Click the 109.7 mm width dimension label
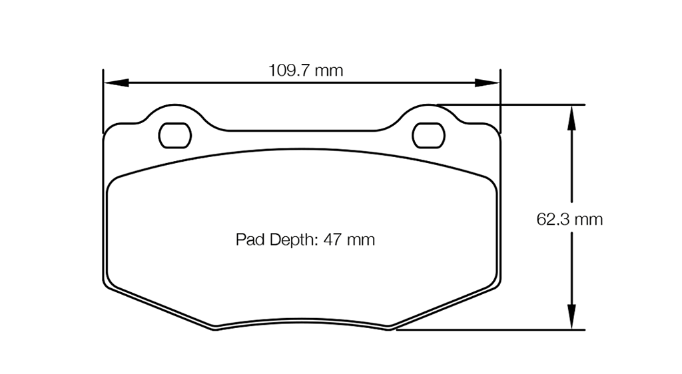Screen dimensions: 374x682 tap(306, 70)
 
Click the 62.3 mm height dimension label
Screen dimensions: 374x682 tap(569, 219)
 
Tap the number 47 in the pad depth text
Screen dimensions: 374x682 tap(332, 240)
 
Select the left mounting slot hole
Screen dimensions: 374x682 tap(175, 136)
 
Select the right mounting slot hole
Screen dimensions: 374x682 tap(429, 136)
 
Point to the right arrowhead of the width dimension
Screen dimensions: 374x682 tap(488, 83)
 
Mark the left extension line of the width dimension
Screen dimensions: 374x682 tap(103, 100)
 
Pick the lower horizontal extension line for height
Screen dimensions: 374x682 tap(493, 329)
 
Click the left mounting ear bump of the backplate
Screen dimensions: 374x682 tap(174, 110)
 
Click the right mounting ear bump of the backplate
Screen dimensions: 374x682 tap(429, 110)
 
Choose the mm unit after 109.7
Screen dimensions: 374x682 tap(329, 70)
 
